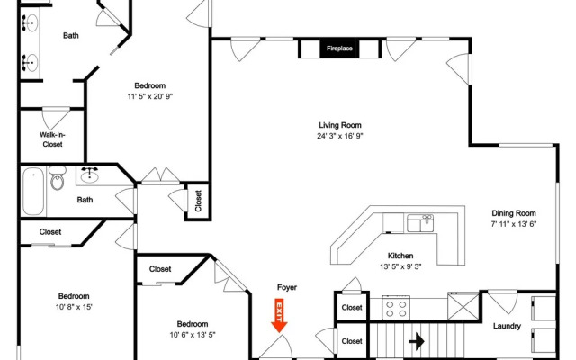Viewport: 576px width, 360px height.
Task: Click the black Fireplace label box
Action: [x=339, y=49]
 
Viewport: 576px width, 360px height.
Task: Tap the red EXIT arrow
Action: [x=279, y=315]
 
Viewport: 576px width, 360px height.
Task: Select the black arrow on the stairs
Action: [x=417, y=342]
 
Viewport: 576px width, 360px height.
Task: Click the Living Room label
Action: [x=340, y=125]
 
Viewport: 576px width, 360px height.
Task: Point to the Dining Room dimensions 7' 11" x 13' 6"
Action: [x=514, y=224]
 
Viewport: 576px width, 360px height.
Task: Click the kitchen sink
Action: [x=420, y=223]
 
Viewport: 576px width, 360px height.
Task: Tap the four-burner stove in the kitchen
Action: [x=396, y=308]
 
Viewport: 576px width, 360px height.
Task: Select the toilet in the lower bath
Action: [x=58, y=178]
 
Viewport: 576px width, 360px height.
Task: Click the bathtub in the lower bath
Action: [x=33, y=191]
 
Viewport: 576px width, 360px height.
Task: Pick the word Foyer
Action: [x=287, y=288]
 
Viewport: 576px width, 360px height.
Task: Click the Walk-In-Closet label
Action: [x=52, y=139]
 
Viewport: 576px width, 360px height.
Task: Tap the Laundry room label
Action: [x=507, y=326]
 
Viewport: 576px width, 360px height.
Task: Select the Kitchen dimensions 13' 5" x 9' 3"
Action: [x=400, y=266]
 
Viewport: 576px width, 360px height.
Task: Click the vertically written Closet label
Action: [x=198, y=201]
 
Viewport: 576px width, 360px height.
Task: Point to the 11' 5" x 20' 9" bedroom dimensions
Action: [x=150, y=96]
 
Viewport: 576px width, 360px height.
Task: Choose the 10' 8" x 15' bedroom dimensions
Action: [x=74, y=307]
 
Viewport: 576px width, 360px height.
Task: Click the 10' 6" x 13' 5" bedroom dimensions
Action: [x=193, y=335]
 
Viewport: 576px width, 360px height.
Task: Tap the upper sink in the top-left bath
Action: [x=30, y=23]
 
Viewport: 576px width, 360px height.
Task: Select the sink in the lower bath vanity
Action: [x=89, y=176]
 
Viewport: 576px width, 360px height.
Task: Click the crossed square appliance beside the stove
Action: [x=463, y=306]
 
